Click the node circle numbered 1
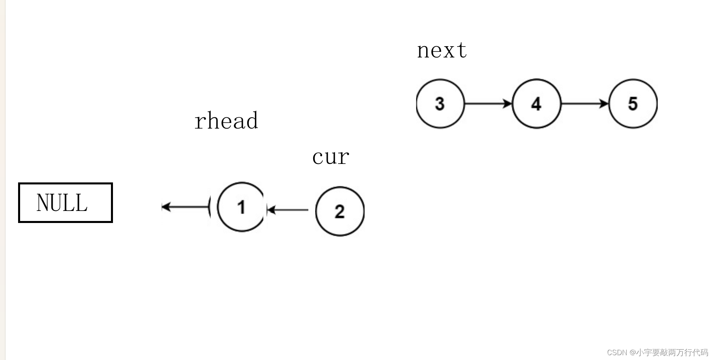pos(241,207)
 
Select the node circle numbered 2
pos(340,211)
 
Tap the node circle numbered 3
pos(440,104)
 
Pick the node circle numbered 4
pos(536,104)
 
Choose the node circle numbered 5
pos(633,104)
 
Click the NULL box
pos(66,202)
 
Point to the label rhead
pos(226,121)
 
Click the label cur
pos(330,157)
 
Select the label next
pos(442,51)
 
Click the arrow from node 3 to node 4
pos(488,104)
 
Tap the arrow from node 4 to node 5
pos(585,104)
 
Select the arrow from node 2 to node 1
pos(288,210)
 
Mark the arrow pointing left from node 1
pos(185,207)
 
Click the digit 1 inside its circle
pos(241,207)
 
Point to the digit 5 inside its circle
pos(633,104)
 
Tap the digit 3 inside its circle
pos(440,104)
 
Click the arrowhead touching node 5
pos(604,104)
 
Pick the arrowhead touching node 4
pos(507,104)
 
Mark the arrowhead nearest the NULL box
pos(166,207)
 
